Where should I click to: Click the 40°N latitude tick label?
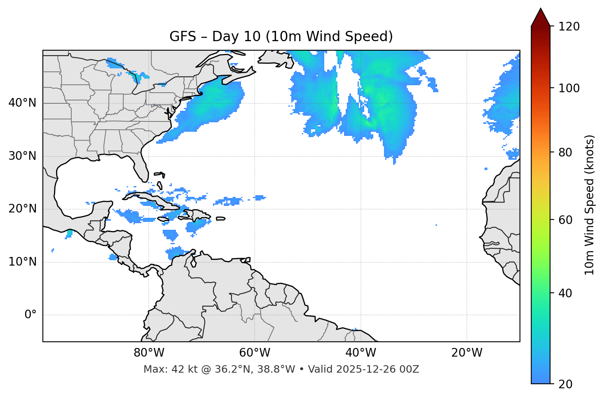[22, 103]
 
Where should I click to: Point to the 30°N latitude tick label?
[22, 156]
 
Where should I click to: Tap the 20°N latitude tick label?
[22, 209]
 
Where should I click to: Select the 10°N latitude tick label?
[22, 262]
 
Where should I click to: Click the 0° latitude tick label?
[30, 315]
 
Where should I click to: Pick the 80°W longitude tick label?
[149, 353]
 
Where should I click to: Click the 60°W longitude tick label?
[255, 353]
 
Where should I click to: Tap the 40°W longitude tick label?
[361, 353]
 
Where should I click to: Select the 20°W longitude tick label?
[467, 353]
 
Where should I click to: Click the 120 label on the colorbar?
[569, 27]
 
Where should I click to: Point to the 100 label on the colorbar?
[569, 88]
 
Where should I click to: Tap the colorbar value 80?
[566, 152]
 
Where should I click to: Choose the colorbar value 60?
[566, 220]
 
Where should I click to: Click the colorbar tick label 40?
[566, 293]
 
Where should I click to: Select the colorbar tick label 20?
[566, 384]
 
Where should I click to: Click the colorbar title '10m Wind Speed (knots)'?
[590, 205]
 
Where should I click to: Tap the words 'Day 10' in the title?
[236, 37]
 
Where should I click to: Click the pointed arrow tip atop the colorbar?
[541, 9]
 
